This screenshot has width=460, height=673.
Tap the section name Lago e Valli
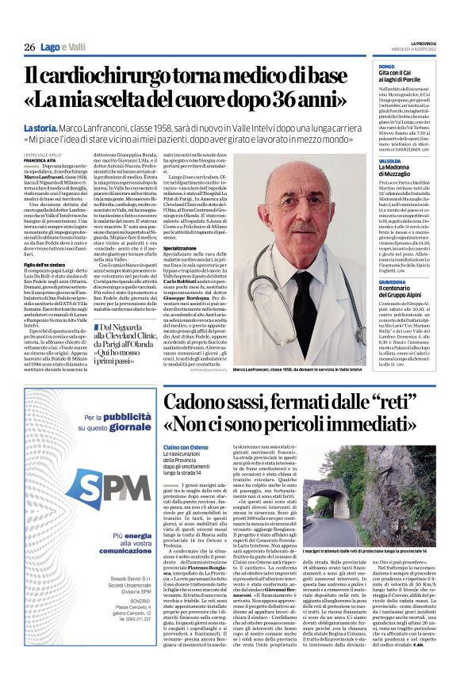click(63, 48)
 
